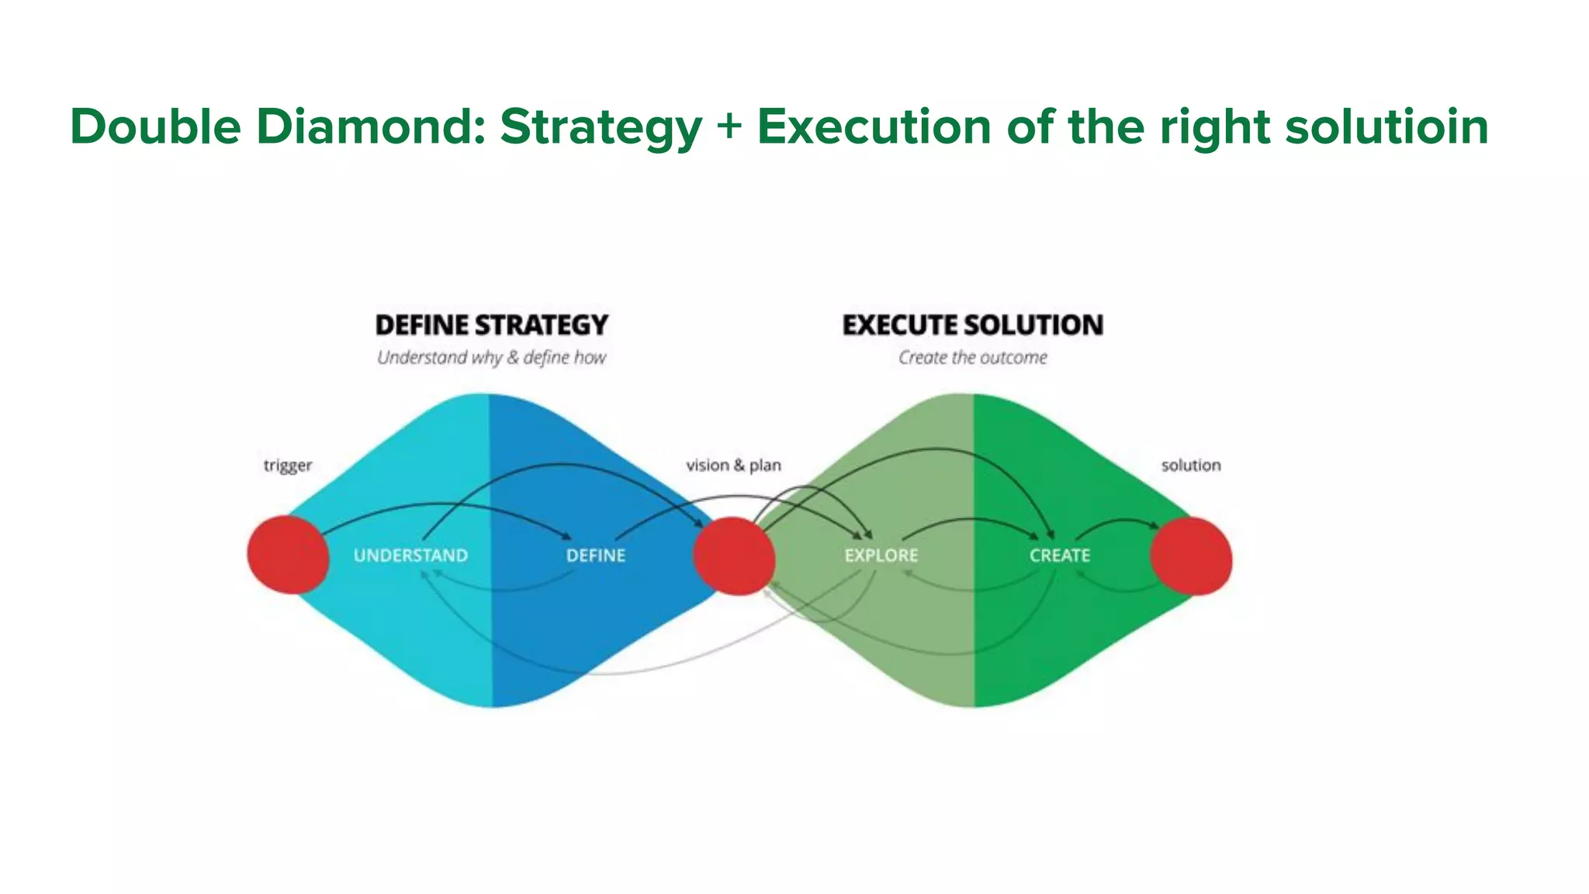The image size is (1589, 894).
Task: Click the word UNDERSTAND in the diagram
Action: [x=410, y=556]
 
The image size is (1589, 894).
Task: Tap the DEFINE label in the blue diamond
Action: [x=595, y=556]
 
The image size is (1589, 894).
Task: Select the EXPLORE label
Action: [x=881, y=556]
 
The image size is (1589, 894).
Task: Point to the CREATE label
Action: [x=1059, y=556]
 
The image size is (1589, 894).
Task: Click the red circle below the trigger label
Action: [x=288, y=555]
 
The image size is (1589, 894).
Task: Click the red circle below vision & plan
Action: [x=733, y=556]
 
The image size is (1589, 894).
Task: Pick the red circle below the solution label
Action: [x=1191, y=556]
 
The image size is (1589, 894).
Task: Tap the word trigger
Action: [x=287, y=466]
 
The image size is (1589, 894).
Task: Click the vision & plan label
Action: [x=733, y=466]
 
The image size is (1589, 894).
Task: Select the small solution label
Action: [x=1190, y=466]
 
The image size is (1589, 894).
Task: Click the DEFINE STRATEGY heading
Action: [x=491, y=325]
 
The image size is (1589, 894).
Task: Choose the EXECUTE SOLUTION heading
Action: [x=972, y=325]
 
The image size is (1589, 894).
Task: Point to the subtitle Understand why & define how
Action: [x=491, y=358]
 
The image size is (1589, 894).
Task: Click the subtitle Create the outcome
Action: [x=972, y=358]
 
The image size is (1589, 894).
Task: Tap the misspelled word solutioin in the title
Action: [x=1386, y=126]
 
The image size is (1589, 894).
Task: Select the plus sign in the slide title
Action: [x=729, y=126]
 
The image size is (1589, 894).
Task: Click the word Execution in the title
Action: [x=874, y=126]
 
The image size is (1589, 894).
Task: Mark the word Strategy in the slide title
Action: [x=601, y=126]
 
